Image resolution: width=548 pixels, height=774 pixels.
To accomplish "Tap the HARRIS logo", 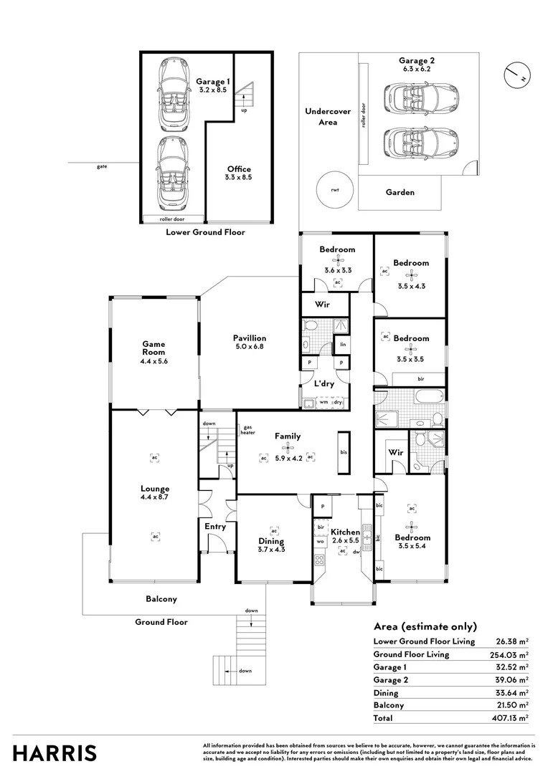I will (55, 753).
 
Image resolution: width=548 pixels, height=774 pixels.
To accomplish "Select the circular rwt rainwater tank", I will (334, 189).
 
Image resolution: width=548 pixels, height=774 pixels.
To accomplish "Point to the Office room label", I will (239, 169).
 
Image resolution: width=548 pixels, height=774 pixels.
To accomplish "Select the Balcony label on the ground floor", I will (161, 599).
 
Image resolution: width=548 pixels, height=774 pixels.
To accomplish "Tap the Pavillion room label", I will (249, 338).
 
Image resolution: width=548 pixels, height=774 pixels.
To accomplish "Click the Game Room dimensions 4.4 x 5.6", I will (153, 361).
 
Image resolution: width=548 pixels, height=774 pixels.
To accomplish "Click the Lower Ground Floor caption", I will (205, 232).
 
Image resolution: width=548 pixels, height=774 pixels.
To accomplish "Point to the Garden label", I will (400, 192).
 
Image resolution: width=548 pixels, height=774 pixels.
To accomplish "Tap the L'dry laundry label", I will (325, 383).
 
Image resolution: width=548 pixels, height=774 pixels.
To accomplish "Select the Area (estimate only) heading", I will (425, 626).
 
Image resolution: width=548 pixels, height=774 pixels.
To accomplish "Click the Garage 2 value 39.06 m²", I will (513, 679).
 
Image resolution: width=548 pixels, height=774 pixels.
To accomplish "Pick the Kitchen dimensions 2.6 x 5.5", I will (346, 540).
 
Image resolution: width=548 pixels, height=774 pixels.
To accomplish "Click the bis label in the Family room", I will (343, 452).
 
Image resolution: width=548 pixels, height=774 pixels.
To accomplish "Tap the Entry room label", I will (215, 527).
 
